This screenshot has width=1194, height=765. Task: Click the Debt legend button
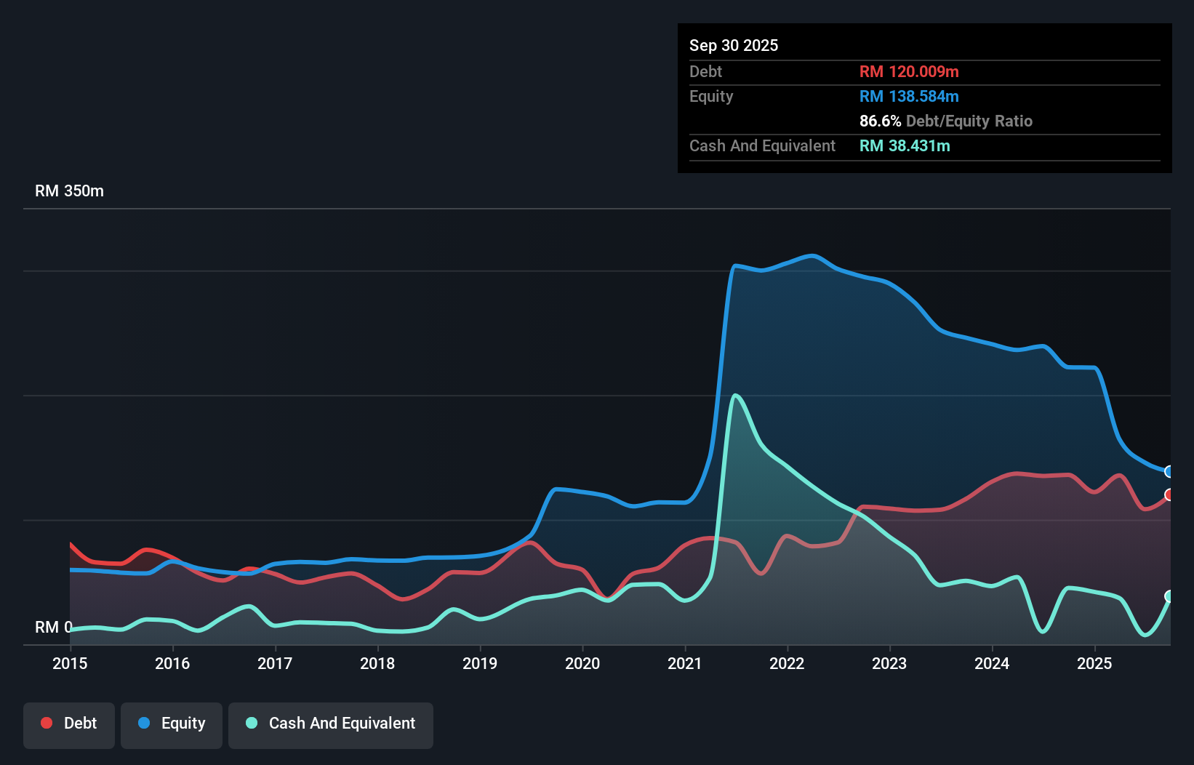(69, 724)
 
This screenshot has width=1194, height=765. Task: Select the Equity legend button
(172, 724)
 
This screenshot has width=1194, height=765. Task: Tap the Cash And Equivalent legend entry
(331, 724)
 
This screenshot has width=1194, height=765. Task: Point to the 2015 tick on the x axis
(70, 663)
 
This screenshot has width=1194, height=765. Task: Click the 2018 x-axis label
(377, 663)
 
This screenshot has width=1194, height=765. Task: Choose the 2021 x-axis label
(685, 663)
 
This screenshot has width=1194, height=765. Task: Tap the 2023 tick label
(889, 663)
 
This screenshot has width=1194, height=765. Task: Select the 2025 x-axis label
(1094, 663)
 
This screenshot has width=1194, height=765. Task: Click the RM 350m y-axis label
(69, 191)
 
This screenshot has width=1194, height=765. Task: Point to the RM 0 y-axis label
(53, 627)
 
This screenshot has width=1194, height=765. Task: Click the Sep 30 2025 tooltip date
(733, 45)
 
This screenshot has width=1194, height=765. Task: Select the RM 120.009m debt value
(909, 71)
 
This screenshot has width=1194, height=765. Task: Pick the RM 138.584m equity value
(909, 96)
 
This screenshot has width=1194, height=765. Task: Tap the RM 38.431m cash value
(905, 145)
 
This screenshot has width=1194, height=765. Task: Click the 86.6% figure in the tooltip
(880, 121)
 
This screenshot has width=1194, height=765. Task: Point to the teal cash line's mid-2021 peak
(736, 396)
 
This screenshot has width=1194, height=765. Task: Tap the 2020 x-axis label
(582, 663)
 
